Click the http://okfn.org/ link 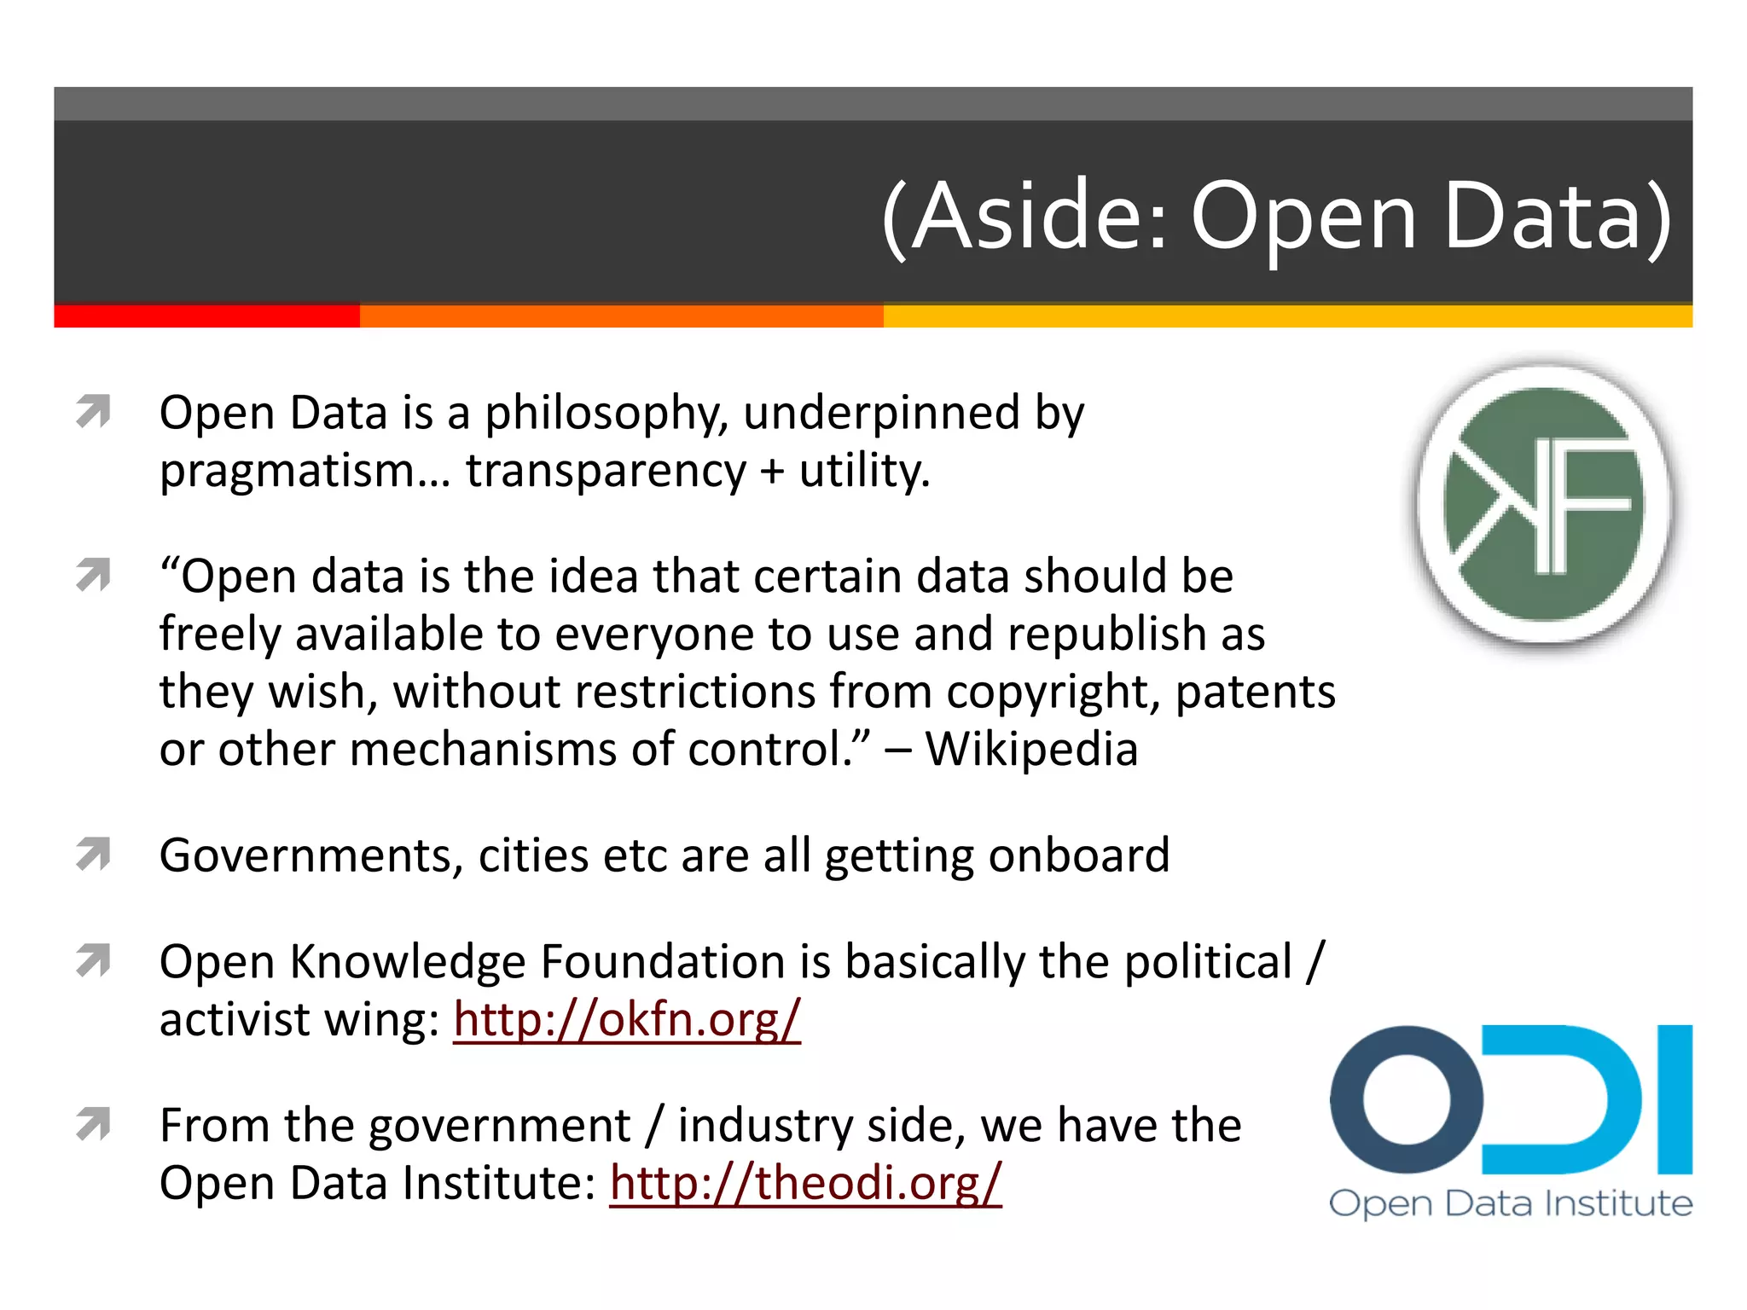(x=627, y=1019)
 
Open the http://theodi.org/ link (x=805, y=1183)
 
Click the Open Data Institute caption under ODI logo (x=1511, y=1203)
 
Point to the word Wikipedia (x=1032, y=750)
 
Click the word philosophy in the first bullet (x=606, y=414)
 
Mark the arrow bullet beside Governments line (x=93, y=855)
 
